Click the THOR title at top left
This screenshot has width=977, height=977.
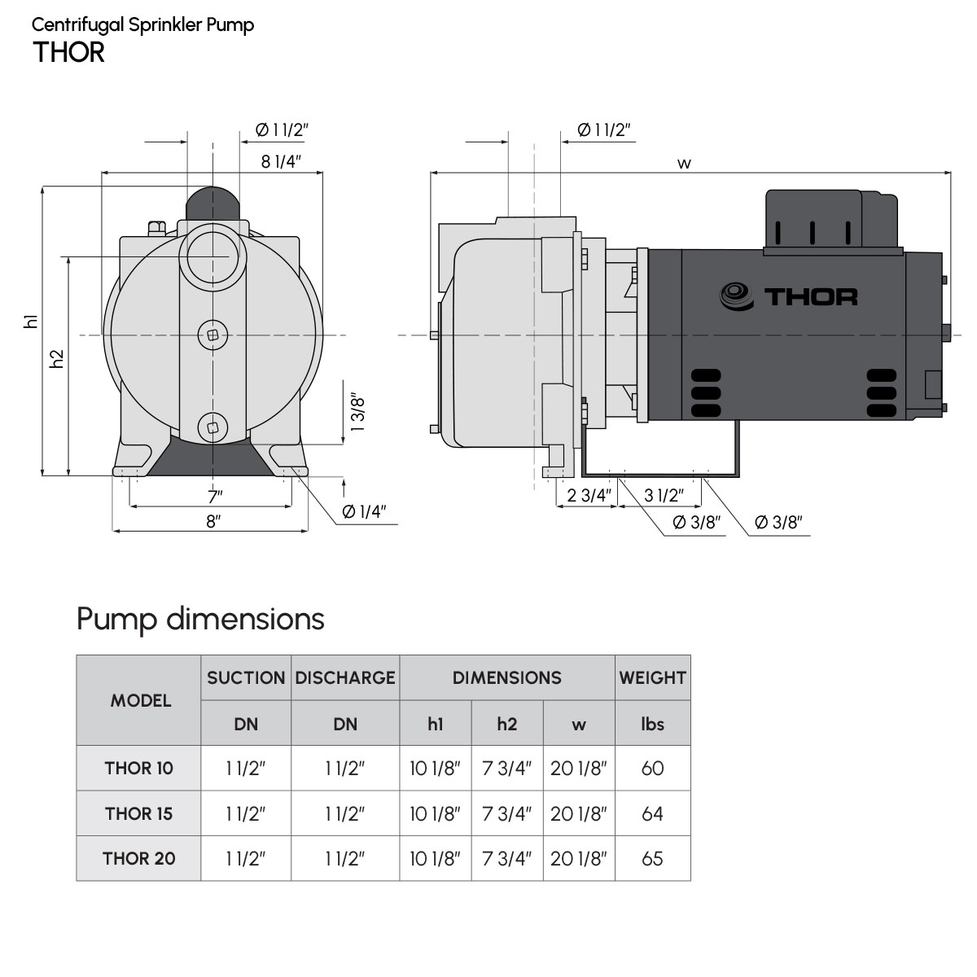[x=69, y=52]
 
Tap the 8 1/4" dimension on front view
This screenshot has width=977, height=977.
[x=282, y=161]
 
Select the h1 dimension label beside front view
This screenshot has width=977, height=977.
[x=32, y=322]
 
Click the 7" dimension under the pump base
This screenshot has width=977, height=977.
[x=214, y=496]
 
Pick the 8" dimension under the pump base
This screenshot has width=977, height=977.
[x=213, y=521]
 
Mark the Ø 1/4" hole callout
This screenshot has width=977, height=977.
[x=364, y=511]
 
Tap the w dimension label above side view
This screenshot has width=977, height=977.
[x=684, y=164]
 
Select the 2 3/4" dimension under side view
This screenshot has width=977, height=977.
[x=588, y=495]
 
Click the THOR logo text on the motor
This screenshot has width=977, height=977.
[x=810, y=296]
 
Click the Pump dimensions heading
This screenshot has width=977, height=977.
[x=200, y=619]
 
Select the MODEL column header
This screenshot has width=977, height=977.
[x=140, y=700]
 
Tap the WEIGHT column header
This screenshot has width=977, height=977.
[x=652, y=677]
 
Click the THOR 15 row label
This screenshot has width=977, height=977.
[x=138, y=813]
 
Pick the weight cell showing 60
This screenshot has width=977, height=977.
[x=652, y=768]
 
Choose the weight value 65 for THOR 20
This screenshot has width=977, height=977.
[x=652, y=858]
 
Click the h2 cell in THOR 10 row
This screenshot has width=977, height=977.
[x=506, y=768]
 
